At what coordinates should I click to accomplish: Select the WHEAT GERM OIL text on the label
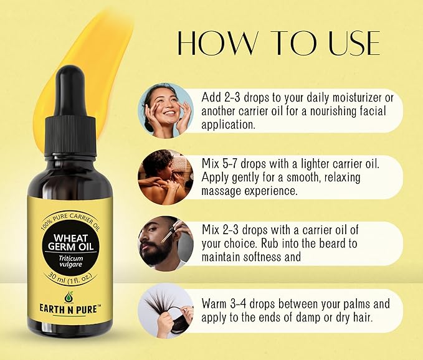coord(70,242)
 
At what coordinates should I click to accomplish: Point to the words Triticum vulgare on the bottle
coord(71,262)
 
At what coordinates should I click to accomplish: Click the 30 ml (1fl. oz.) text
coord(70,278)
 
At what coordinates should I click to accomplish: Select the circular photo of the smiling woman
coord(166,111)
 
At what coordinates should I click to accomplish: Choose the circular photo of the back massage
coord(166,177)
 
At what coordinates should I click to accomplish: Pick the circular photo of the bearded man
coord(166,244)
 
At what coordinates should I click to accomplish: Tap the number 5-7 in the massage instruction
coord(229,164)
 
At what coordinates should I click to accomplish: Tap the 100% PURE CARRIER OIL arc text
coord(70,220)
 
